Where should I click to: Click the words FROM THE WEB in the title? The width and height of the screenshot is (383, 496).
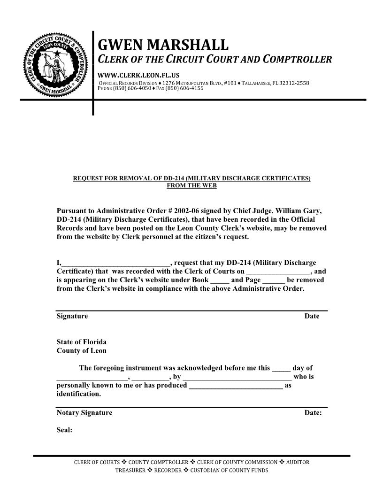click(191, 186)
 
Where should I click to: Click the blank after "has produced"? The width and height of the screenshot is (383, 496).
click(235, 386)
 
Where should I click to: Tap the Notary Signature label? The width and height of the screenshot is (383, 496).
click(84, 413)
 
